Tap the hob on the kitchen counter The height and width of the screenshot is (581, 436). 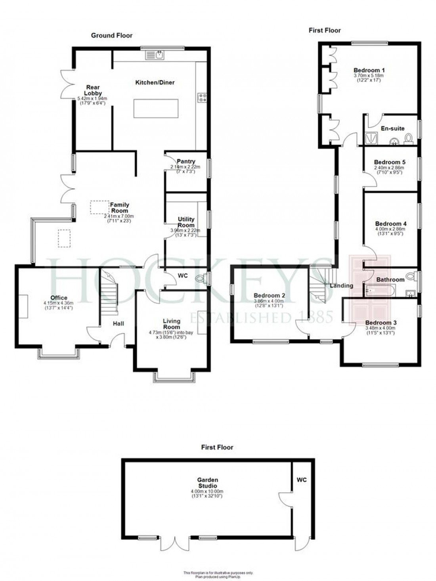pyautogui.click(x=203, y=97)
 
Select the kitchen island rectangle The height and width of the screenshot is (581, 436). pyautogui.click(x=155, y=109)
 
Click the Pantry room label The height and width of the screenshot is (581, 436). pyautogui.click(x=186, y=161)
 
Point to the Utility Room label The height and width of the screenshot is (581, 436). pyautogui.click(x=186, y=222)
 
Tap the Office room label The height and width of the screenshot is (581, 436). pyautogui.click(x=59, y=298)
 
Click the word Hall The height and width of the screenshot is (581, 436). pyautogui.click(x=119, y=323)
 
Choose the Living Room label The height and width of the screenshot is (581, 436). pyautogui.click(x=172, y=324)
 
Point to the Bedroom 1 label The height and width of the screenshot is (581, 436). pyautogui.click(x=369, y=70)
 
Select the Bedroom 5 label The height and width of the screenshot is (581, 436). pyautogui.click(x=390, y=162)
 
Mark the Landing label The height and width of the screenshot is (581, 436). pyautogui.click(x=341, y=285)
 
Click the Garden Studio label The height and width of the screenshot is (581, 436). pyautogui.click(x=208, y=483)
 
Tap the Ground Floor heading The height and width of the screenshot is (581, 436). pyautogui.click(x=112, y=35)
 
